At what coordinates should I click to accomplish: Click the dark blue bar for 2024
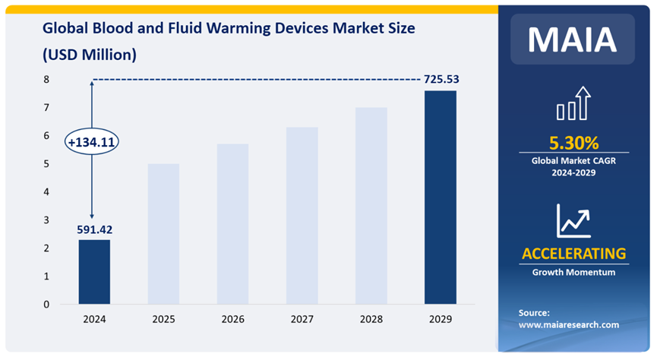94,272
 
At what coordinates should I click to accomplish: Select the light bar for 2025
163,234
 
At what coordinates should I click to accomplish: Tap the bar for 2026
232,224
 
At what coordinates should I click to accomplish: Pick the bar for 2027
302,216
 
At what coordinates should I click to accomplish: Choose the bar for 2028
371,206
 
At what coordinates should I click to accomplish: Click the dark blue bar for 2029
440,197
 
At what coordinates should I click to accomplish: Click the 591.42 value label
93,229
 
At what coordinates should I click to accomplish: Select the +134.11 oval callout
92,142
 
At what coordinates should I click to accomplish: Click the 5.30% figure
573,143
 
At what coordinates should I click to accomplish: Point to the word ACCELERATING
573,254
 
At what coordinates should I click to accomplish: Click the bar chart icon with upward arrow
573,104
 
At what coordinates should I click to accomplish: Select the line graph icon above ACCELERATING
573,220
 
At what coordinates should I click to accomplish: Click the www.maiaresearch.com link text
569,325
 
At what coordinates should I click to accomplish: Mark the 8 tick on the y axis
46,79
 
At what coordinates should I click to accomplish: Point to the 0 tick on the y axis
46,305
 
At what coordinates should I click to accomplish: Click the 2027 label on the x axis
302,320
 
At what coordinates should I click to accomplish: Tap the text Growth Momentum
573,272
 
